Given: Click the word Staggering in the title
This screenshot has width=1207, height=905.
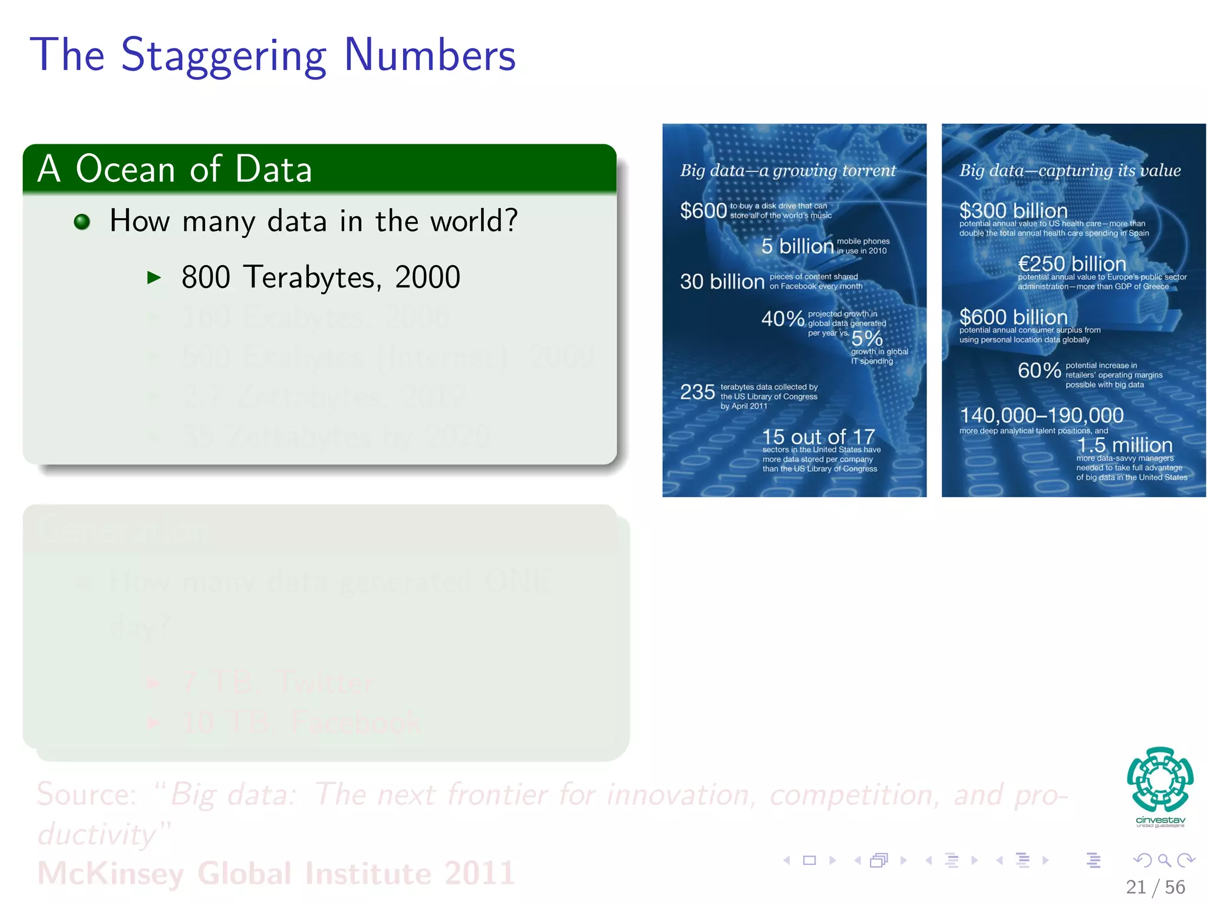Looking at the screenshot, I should pos(223,56).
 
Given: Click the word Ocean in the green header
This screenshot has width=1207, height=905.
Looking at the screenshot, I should pos(125,169).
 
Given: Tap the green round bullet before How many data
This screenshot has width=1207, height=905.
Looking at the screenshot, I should pos(82,222).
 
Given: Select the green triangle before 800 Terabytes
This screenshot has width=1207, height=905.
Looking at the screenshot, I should pos(154,278).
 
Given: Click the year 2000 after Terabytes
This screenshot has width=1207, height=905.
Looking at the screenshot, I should pos(427,278).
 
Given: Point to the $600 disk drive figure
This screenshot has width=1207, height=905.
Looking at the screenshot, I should pos(703,211).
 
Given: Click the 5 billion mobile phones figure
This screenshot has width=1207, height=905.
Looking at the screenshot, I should pos(797,246).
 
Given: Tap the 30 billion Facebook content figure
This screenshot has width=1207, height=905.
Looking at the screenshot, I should pos(722,282).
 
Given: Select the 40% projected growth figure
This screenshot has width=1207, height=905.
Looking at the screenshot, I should pos(782,319).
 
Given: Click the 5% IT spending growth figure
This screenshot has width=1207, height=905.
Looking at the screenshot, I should pos(867,338).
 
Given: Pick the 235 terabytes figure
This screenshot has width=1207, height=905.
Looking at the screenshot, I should pos(697,392).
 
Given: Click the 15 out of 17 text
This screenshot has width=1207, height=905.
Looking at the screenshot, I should pos(818,437).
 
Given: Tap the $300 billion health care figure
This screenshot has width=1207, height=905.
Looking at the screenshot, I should pos(1013,210).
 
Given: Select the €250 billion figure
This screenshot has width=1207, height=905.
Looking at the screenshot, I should pos(1071,263).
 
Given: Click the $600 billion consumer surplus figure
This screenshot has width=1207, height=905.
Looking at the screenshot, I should pos(1013,317).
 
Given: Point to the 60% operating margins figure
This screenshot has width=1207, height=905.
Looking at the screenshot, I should pos(1039,371).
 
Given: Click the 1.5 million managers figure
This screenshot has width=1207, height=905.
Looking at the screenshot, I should pos(1124,445).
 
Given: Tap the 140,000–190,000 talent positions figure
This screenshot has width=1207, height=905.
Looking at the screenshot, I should pos(1041,415).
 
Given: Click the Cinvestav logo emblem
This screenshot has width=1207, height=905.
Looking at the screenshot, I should pos(1160,780).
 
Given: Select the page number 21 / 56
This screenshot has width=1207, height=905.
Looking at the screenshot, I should pos(1155,887).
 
